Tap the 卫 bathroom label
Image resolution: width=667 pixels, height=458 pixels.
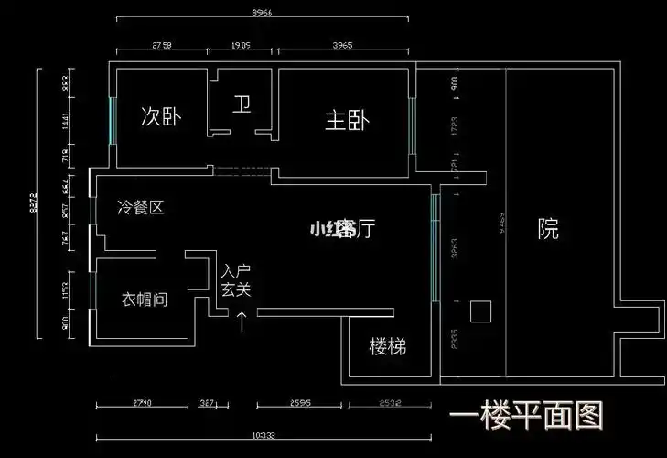click(241, 105)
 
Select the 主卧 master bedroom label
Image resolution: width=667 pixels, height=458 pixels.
click(347, 120)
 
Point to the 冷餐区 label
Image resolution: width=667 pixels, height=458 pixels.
click(141, 208)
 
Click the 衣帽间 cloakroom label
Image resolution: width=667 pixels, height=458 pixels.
click(145, 300)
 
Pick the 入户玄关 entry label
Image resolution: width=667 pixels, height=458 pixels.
click(235, 280)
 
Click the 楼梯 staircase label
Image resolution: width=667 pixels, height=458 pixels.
click(387, 347)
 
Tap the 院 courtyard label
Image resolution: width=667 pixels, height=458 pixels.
click(548, 229)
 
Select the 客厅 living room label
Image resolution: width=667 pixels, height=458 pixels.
click(342, 228)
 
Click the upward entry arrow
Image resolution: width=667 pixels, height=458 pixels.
click(242, 320)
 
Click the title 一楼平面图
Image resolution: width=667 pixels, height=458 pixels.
click(526, 417)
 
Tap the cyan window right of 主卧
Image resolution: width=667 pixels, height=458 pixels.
click(413, 125)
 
